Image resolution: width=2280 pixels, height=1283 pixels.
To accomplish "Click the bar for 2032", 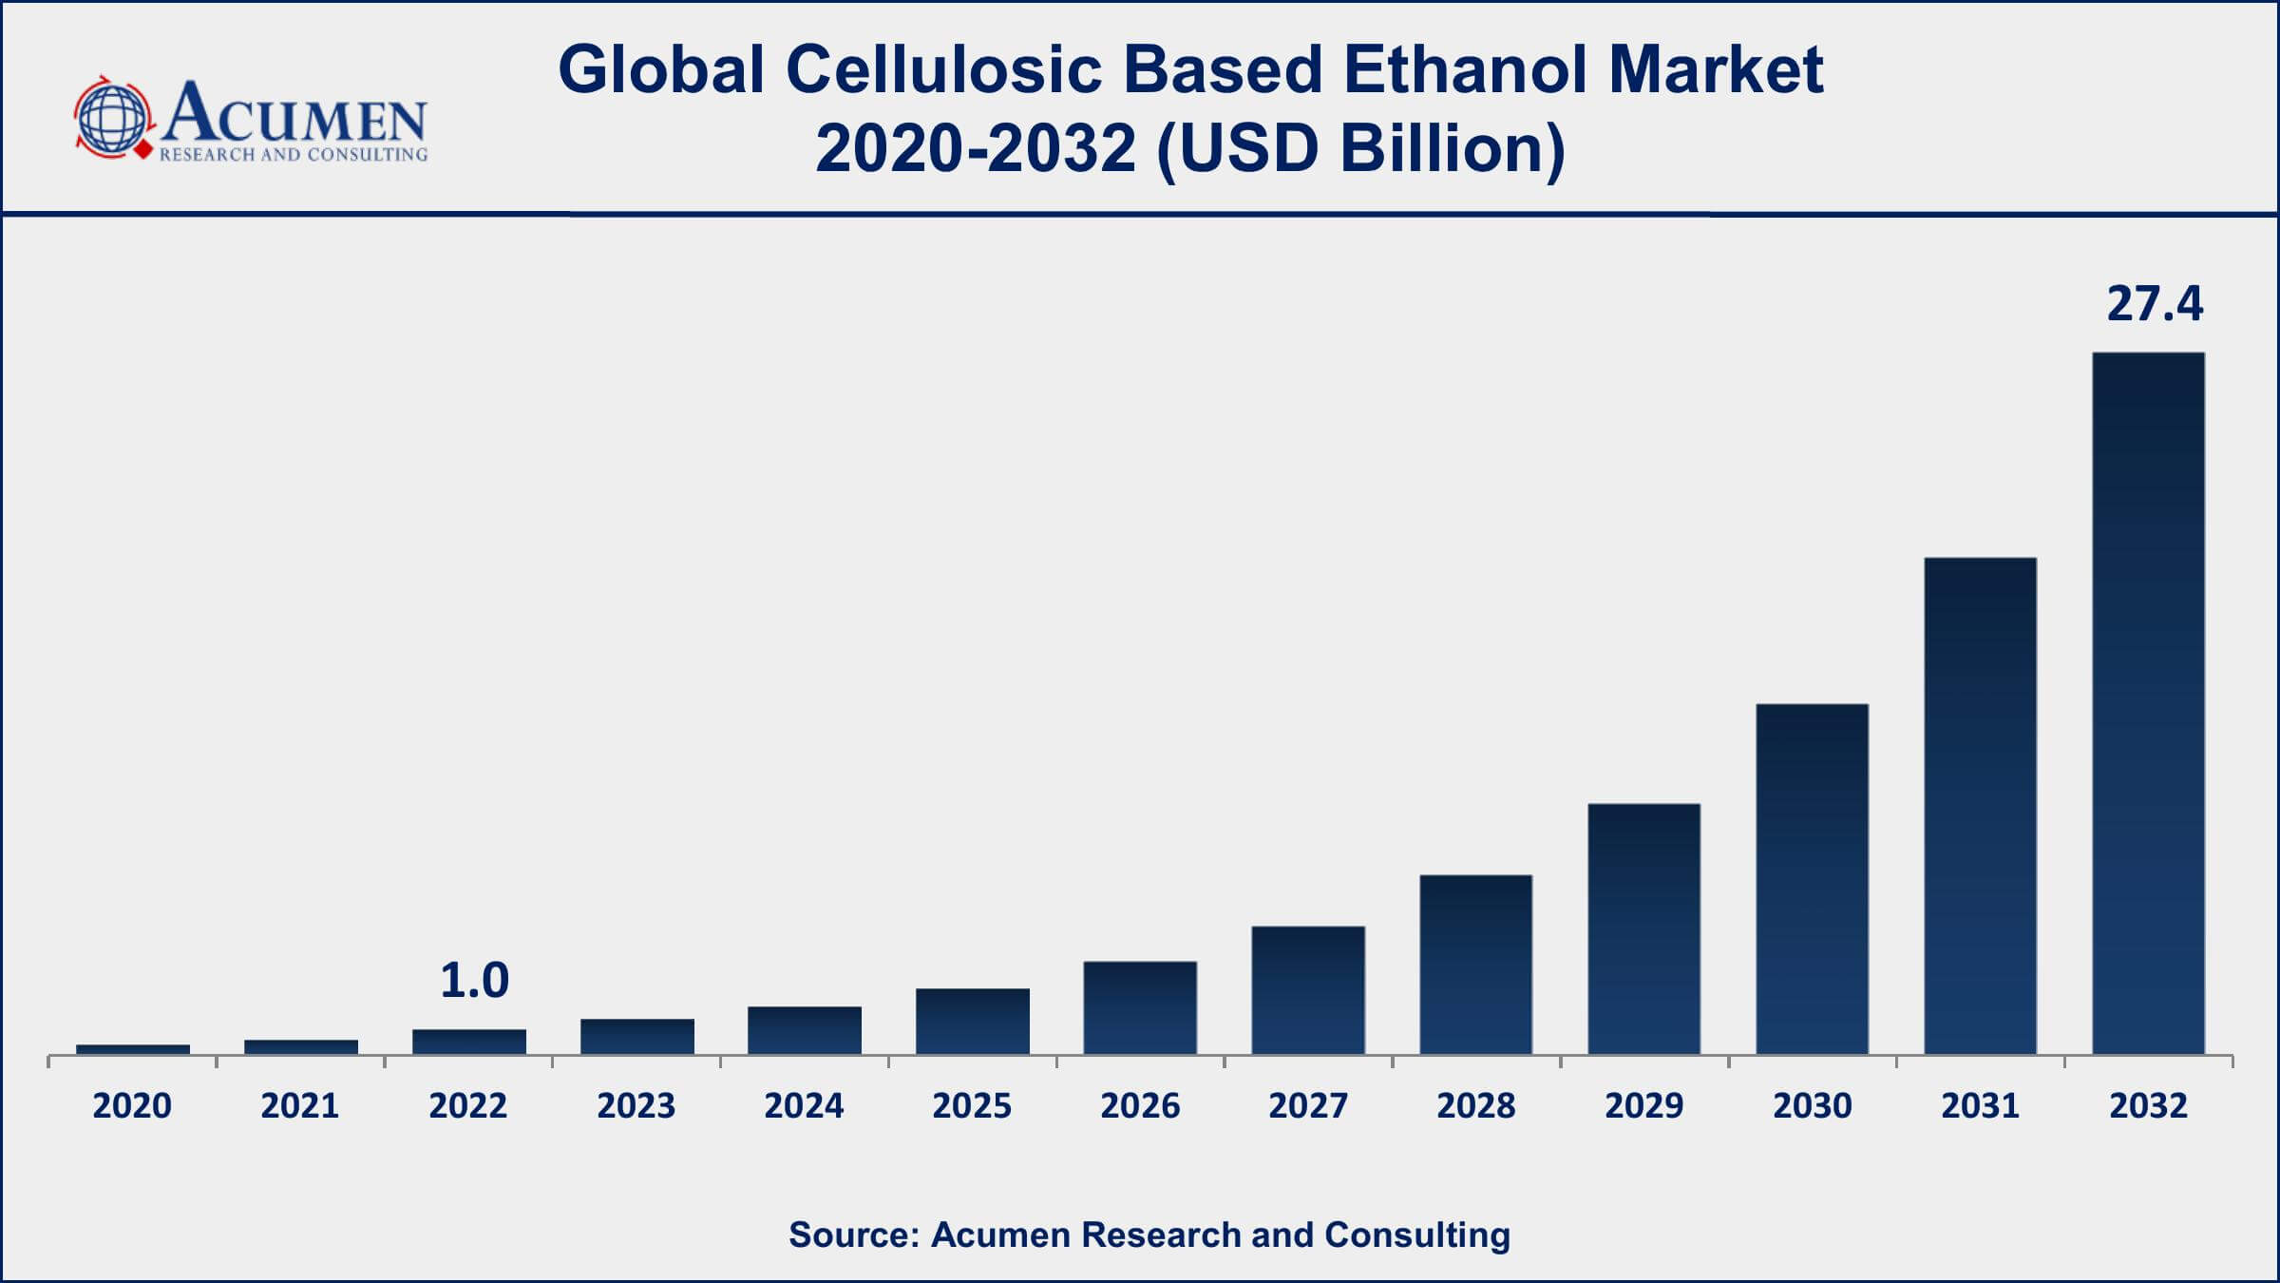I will tap(2148, 703).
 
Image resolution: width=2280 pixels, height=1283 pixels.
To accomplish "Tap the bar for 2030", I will tap(1812, 879).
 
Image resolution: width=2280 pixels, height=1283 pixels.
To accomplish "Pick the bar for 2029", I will tap(1643, 929).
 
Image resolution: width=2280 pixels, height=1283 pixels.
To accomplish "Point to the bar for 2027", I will tap(1308, 989).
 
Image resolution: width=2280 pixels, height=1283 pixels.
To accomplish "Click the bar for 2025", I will tap(972, 1021).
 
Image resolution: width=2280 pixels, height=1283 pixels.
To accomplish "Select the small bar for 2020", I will tap(133, 1049).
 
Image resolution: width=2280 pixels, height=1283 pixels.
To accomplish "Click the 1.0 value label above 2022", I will tap(474, 981).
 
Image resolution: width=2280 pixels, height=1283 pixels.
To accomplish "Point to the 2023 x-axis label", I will tap(636, 1105).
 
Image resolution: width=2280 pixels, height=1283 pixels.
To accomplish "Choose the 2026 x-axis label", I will tap(1140, 1105).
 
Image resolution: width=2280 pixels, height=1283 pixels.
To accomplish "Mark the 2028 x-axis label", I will tap(1475, 1105).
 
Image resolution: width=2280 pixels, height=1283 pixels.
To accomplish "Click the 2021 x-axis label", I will tap(300, 1105).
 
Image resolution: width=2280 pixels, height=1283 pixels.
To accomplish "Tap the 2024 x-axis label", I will tap(804, 1105).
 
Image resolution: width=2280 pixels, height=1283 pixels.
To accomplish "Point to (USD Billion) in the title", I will tap(1360, 149).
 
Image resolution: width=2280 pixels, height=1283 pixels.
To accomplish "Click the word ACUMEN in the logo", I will tap(294, 114).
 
